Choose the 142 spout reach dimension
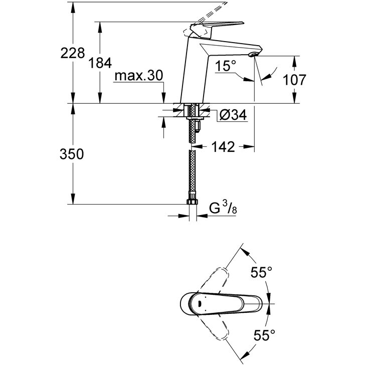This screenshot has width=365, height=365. coord(223,146)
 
